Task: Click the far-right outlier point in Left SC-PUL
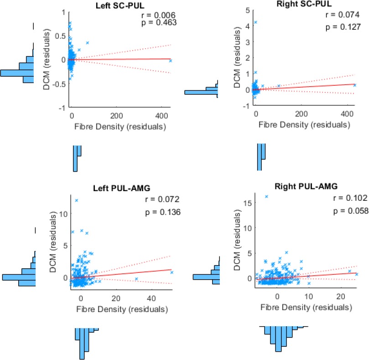tap(171, 60)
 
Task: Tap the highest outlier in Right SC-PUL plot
tap(255, 22)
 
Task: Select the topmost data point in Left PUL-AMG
tap(77, 200)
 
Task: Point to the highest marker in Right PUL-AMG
tap(266, 197)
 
